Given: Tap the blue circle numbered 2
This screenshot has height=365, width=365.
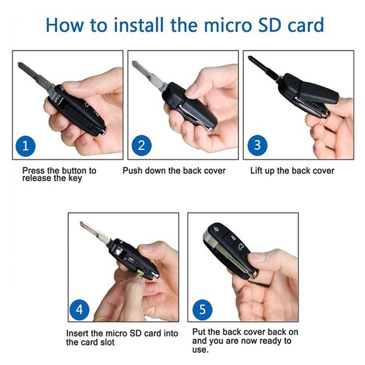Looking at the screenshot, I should [x=141, y=145].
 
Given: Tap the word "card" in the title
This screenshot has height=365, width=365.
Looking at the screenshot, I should [x=302, y=26].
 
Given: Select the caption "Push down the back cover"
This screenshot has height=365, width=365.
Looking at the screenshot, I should [x=174, y=171].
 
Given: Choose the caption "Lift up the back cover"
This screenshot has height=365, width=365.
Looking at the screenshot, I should [x=292, y=171].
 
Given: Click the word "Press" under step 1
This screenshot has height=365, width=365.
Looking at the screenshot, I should [x=33, y=171].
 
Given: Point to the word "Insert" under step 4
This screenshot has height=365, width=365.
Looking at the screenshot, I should [x=78, y=334].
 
